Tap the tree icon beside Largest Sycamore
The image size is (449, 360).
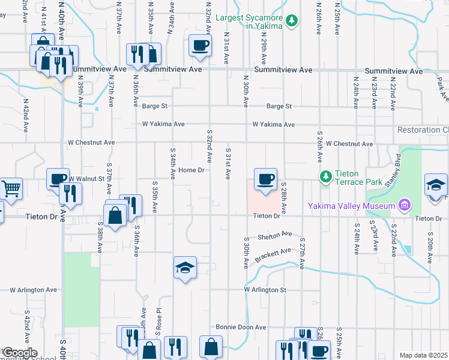pyautogui.click(x=292, y=21)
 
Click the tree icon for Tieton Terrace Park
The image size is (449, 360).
pyautogui.click(x=325, y=176)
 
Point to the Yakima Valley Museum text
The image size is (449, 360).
pyautogui.click(x=351, y=206)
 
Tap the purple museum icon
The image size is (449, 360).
pyautogui.click(x=403, y=206)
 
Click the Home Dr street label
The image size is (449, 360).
pyautogui.click(x=192, y=170)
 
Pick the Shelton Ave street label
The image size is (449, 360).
pyautogui.click(x=274, y=235)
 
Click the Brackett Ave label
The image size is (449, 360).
pyautogui.click(x=272, y=254)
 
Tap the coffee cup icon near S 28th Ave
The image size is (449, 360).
pyautogui.click(x=265, y=179)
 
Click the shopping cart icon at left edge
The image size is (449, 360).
pyautogui.click(x=11, y=188)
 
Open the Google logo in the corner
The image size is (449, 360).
pyautogui.click(x=19, y=353)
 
